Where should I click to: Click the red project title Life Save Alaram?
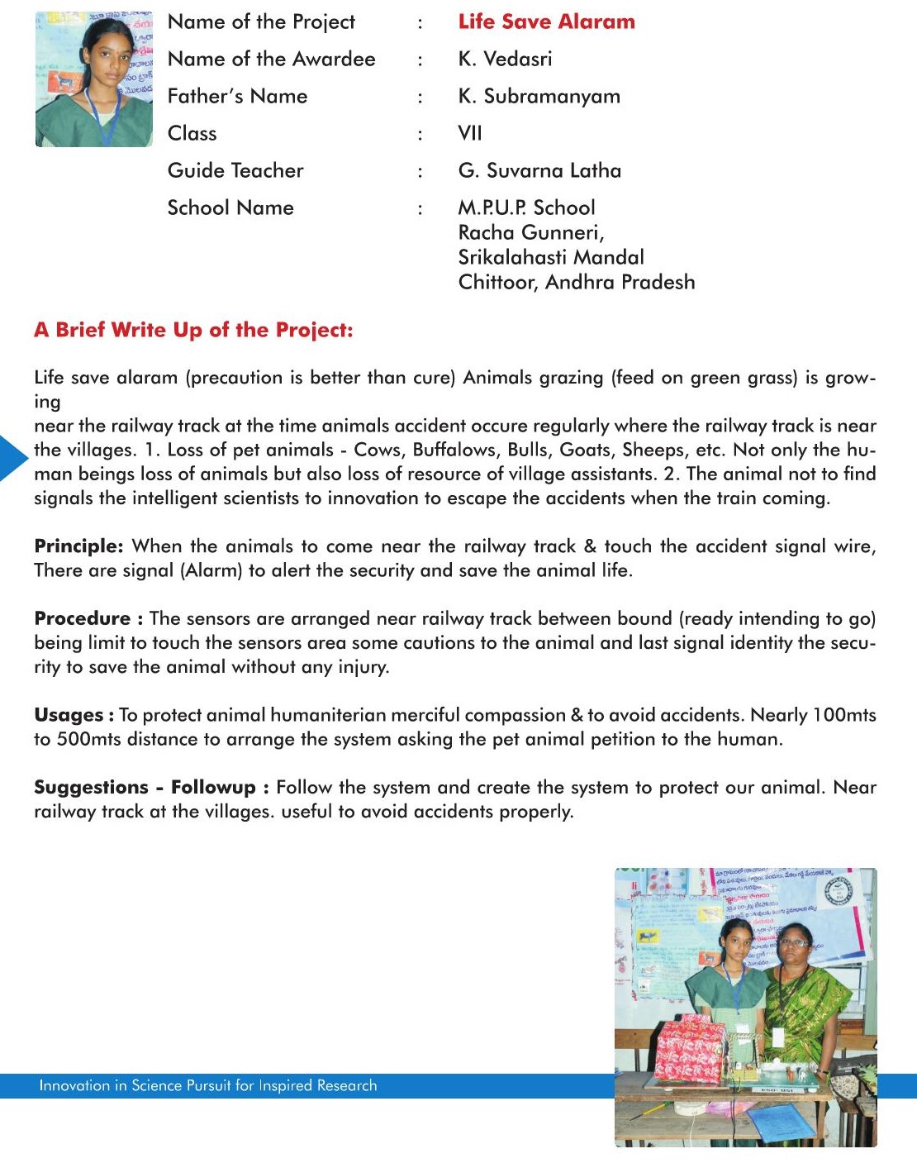pos(546,22)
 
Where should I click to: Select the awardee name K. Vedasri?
pos(505,60)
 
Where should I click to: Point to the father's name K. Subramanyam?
pos(539,97)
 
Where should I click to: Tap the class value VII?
pos(469,134)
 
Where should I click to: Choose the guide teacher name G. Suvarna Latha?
pos(539,171)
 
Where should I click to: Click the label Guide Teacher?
pos(235,171)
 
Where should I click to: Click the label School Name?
pos(230,208)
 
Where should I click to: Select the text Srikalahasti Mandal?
pos(551,258)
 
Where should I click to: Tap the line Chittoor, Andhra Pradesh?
pos(577,283)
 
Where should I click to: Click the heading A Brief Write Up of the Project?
pos(193,331)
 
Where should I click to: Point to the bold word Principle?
pos(78,546)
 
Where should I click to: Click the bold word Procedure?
pos(83,619)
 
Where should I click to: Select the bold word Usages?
pos(69,716)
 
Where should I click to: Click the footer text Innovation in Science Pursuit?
pos(207,1086)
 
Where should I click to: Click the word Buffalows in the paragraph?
pos(456,450)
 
